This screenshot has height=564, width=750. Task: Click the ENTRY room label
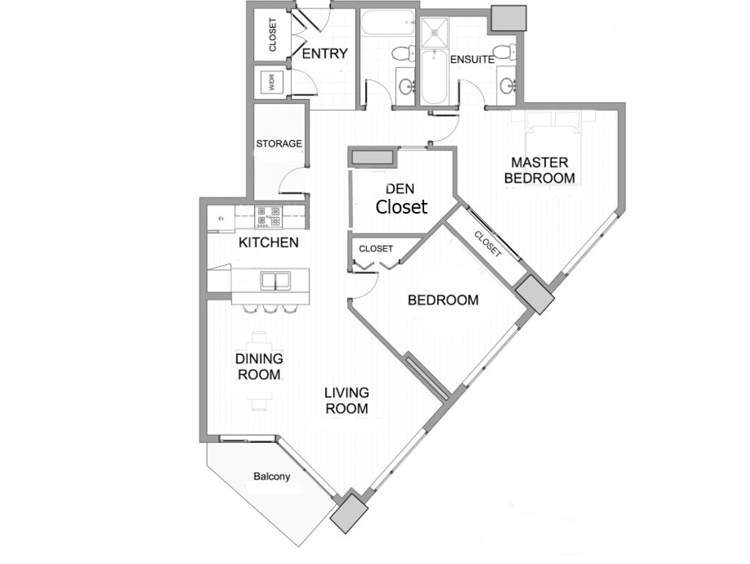[325, 54]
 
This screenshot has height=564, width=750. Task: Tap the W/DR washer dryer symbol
[272, 83]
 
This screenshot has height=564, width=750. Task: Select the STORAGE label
[279, 144]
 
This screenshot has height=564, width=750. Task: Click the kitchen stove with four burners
[268, 217]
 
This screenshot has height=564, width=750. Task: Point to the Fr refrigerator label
[221, 220]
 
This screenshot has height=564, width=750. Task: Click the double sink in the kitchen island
[275, 281]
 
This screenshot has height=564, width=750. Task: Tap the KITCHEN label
[268, 243]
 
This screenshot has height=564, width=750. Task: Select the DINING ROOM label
[259, 366]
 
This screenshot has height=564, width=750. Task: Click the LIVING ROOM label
[347, 400]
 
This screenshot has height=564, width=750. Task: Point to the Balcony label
[271, 476]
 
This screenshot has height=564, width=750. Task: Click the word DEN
[400, 189]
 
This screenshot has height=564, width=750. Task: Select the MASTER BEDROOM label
[540, 170]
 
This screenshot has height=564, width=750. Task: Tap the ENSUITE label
[472, 60]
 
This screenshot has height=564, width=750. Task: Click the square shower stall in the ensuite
[434, 33]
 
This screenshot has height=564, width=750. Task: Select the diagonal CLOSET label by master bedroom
[487, 244]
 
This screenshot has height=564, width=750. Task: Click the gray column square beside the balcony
[349, 513]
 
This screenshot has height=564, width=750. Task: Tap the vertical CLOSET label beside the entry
[273, 35]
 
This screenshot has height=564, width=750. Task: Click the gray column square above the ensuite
[509, 17]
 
